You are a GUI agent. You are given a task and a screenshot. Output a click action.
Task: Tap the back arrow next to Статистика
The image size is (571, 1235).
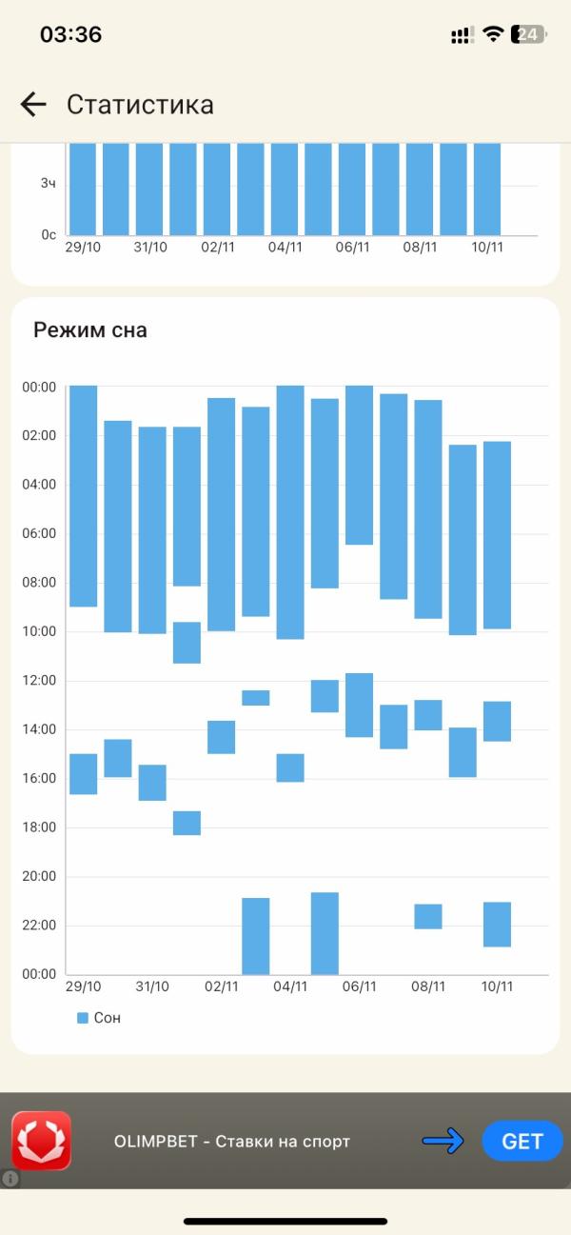click(x=33, y=104)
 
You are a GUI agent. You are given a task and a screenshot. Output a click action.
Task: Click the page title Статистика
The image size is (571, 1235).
click(x=140, y=104)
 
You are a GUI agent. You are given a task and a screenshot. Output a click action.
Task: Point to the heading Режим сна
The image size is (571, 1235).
click(x=90, y=330)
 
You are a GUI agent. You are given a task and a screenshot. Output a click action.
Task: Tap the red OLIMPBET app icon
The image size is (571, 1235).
click(x=41, y=1140)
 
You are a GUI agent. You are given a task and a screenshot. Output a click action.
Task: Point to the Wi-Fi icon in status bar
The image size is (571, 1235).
click(x=492, y=34)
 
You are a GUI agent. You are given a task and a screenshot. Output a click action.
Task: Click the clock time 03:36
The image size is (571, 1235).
click(x=70, y=34)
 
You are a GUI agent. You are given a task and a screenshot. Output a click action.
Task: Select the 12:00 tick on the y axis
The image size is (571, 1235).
click(x=39, y=680)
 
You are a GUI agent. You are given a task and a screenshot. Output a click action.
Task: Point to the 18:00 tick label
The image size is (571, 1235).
click(x=39, y=827)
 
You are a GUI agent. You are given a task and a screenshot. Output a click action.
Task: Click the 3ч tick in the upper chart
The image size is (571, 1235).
click(x=48, y=182)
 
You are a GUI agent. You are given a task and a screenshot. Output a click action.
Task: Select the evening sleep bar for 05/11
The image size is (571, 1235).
click(x=325, y=932)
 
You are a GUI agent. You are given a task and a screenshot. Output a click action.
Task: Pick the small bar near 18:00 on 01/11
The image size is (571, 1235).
click(x=187, y=823)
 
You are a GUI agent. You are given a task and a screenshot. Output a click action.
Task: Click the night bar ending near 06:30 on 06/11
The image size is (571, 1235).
click(x=359, y=465)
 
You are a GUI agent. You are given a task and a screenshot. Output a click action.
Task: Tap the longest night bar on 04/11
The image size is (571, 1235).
click(x=290, y=512)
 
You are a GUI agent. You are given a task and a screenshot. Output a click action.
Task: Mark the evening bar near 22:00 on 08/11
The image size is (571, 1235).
click(x=428, y=916)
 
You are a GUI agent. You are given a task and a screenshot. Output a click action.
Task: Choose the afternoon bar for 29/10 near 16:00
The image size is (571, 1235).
click(x=84, y=773)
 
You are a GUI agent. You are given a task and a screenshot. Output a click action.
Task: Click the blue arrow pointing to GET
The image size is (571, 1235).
click(x=443, y=1141)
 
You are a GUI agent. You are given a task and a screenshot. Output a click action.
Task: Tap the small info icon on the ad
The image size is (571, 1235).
click(x=10, y=1178)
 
